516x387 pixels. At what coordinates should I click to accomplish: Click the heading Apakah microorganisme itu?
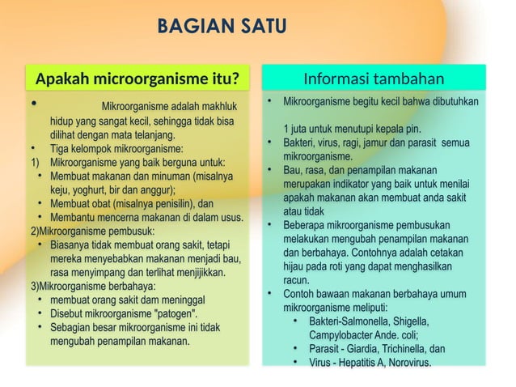point(138,79)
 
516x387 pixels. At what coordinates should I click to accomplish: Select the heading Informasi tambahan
point(374,79)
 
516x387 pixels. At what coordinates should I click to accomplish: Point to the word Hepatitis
point(353,362)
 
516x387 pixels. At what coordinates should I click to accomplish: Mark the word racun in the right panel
point(296,279)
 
